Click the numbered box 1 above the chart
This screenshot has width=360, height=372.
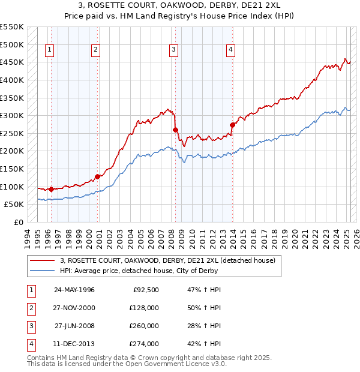(49, 50)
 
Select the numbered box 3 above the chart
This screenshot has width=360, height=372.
(173, 50)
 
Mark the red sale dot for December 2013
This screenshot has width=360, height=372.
(232, 125)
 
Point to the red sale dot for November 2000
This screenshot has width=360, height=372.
(97, 176)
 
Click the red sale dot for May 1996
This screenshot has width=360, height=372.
(51, 189)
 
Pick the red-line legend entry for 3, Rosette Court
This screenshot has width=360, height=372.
(167, 260)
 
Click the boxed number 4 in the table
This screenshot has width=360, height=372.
(31, 344)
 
